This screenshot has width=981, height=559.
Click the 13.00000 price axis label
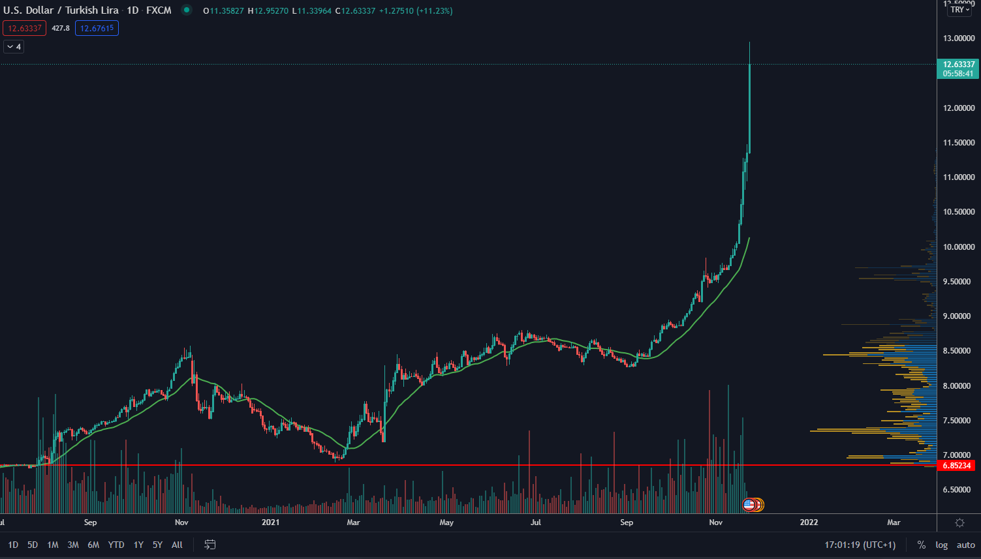958,38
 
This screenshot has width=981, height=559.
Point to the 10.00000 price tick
958,247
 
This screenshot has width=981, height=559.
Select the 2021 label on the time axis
270,522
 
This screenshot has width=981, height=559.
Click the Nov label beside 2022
716,522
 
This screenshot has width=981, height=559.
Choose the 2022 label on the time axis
809,522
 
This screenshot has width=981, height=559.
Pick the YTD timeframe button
116,545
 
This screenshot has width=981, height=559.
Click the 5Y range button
157,545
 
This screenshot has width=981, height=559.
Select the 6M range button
93,545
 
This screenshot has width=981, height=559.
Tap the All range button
177,545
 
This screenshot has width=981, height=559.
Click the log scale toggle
941,545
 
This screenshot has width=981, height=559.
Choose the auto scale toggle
965,545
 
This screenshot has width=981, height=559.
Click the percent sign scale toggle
921,545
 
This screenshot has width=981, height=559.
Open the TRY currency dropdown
960,10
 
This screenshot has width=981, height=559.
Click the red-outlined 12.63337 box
25,28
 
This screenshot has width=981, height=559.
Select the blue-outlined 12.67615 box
97,28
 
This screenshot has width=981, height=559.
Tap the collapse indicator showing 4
14,47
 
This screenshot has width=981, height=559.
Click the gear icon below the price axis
959,523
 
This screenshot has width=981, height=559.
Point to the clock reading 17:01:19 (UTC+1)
860,545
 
